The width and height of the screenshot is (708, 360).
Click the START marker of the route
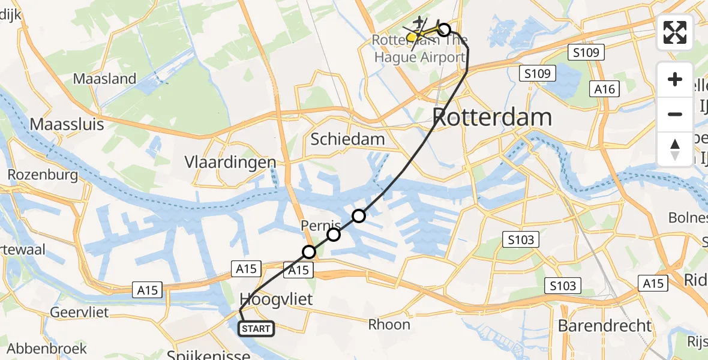pos(257,329)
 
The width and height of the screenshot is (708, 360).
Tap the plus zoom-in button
pos(675,79)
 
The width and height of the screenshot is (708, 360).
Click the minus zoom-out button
pos(675,114)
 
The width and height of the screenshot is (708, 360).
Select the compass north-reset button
pos(675,149)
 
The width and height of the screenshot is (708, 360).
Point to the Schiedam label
pos(347,139)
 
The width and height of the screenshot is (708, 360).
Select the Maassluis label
pos(67,125)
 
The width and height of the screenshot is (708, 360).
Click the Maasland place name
pos(104,79)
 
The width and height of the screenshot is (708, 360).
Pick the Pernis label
pos(320,226)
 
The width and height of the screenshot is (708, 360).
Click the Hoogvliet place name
pos(277,299)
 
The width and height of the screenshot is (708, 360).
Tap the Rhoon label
pos(389,325)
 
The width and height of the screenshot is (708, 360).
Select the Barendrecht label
pos(604,326)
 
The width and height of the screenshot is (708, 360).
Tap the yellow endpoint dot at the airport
pos(412,37)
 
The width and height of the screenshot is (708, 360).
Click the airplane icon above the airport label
pos(419,22)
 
